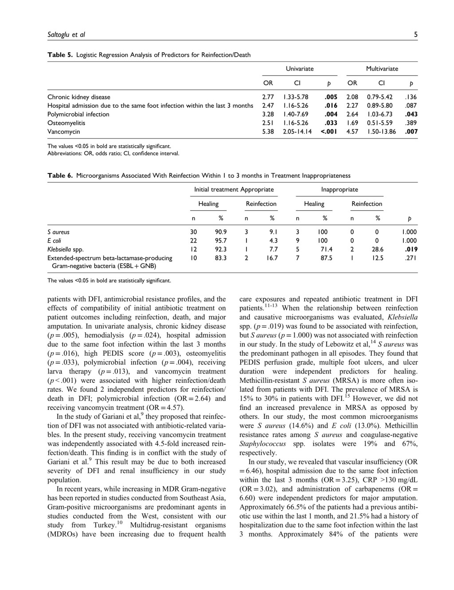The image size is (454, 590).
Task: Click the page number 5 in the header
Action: click(x=415, y=35)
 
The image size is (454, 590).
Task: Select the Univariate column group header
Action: click(x=299, y=69)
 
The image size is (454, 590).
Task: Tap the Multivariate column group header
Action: click(x=382, y=69)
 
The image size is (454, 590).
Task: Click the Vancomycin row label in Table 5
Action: click(x=64, y=132)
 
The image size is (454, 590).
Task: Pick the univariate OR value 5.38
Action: click(x=268, y=132)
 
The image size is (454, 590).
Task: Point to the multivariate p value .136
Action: click(x=411, y=97)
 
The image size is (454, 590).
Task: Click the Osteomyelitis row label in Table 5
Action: click(x=66, y=123)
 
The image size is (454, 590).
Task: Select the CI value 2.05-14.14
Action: click(x=297, y=132)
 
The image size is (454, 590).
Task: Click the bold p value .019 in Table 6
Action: click(x=411, y=249)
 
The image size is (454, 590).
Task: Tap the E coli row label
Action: click(x=54, y=241)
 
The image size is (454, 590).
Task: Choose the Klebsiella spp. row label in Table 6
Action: click(x=65, y=249)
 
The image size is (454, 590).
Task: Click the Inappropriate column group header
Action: click(x=339, y=189)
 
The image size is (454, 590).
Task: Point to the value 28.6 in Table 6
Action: click(x=377, y=249)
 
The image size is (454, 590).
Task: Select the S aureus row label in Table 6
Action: click(x=59, y=232)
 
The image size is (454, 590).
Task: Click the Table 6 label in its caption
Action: click(x=60, y=176)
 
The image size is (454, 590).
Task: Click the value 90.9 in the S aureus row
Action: click(x=221, y=232)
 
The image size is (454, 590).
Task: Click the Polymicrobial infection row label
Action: click(x=78, y=114)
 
